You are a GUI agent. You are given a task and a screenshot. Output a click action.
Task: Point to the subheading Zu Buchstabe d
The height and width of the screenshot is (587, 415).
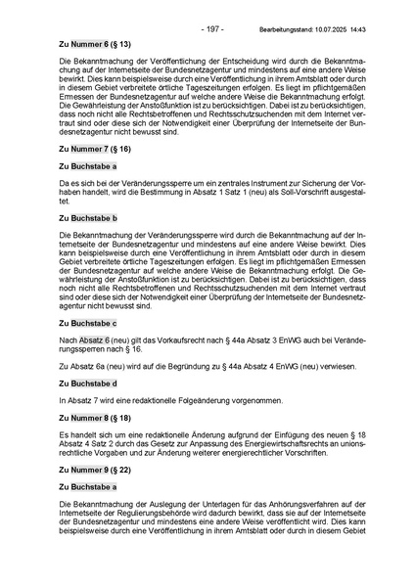tap(87, 384)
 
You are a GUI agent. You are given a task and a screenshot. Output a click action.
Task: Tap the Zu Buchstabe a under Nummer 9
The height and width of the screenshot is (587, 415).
tap(87, 486)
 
